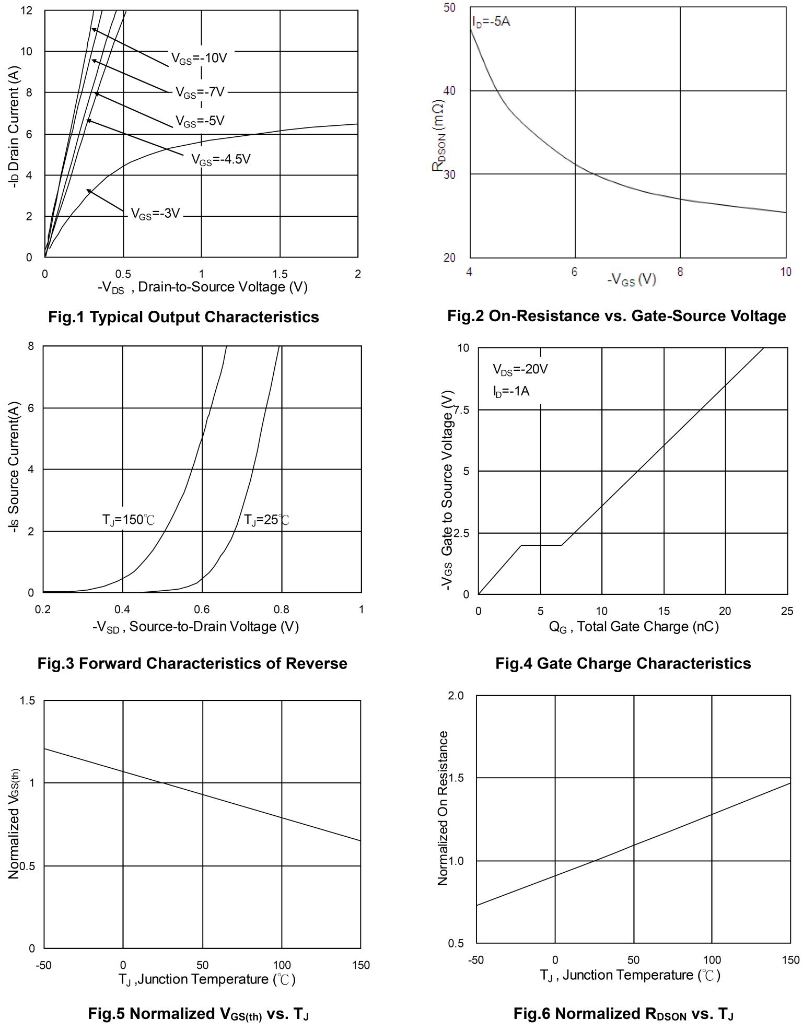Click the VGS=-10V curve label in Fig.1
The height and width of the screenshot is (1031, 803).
pos(199,58)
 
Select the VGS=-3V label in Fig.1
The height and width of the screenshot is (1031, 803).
pos(155,214)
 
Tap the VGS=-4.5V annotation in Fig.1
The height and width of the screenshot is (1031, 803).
pos(220,159)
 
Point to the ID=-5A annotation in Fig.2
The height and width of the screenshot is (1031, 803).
pos(491,22)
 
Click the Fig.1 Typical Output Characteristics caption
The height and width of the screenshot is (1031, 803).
pos(183,317)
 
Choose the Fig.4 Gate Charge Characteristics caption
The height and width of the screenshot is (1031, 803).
pos(623,663)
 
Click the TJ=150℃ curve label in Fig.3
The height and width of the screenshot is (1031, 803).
pos(129,520)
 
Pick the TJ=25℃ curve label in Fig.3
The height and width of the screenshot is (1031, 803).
pos(266,520)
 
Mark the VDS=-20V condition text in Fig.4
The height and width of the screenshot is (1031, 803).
pos(520,370)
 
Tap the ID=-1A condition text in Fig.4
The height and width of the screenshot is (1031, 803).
pos(511,391)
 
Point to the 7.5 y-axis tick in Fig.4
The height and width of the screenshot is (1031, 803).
pos(462,409)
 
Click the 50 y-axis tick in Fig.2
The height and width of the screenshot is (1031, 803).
pos(449,8)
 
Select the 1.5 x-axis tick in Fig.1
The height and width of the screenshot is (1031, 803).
pos(280,274)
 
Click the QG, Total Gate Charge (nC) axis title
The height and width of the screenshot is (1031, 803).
pos(634,627)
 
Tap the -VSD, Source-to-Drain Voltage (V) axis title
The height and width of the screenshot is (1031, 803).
pos(195,627)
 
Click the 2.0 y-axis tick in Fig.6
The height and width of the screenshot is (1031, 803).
pos(456,696)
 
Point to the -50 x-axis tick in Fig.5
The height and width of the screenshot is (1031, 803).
pos(43,965)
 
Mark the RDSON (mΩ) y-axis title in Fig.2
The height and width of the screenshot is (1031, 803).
pos(438,136)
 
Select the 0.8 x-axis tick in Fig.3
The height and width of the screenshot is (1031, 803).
pos(282,610)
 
